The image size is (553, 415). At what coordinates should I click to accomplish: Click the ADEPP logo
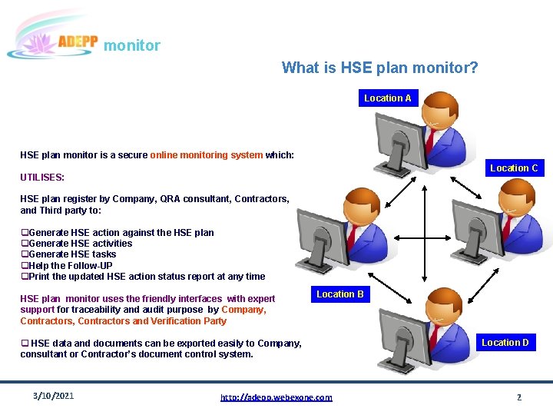coord(52,38)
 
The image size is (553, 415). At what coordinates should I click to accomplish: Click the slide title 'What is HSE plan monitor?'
coord(379,68)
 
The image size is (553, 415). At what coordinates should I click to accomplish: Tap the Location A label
coord(387,98)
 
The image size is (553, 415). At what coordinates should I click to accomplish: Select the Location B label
coord(340,294)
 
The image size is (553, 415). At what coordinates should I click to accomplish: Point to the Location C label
coord(514,168)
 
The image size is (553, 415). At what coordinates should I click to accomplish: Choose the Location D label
coord(505,343)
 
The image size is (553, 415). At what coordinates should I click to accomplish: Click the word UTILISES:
coord(42,178)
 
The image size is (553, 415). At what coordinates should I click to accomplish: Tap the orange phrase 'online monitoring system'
coord(207,155)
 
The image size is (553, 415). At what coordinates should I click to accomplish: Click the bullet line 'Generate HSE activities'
coord(79,244)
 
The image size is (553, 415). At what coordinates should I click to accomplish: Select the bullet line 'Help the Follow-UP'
coord(69,266)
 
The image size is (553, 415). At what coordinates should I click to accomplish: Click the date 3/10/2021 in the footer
coord(54,396)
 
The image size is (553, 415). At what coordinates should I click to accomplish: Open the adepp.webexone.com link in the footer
coord(276,397)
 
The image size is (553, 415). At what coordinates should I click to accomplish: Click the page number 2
coord(518,397)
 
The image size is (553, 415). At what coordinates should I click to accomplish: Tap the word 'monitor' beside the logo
coord(132,45)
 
